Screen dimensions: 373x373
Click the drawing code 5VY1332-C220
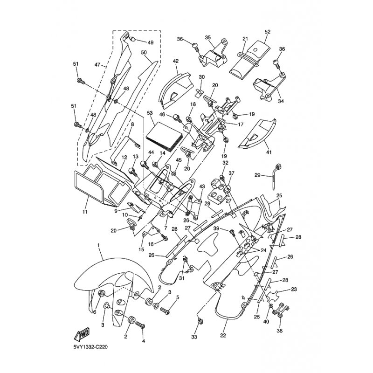90,347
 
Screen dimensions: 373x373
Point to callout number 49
151,43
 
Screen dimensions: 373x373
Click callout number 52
267,32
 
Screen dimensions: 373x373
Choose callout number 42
176,61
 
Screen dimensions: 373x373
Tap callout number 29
257,175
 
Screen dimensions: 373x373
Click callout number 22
223,336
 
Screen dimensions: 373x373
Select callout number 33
194,337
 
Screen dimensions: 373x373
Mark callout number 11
85,212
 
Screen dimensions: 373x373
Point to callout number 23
294,290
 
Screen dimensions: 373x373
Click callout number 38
279,331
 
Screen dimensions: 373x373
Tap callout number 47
97,64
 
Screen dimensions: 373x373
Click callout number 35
207,37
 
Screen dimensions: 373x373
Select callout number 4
144,341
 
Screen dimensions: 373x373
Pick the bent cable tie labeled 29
276,176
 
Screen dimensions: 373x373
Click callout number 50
144,52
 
